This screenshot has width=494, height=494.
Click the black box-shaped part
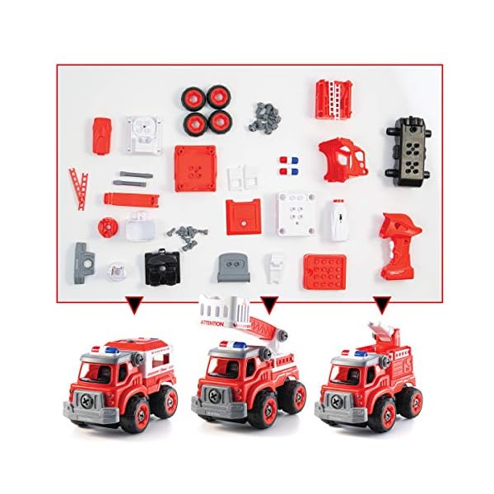162,265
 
